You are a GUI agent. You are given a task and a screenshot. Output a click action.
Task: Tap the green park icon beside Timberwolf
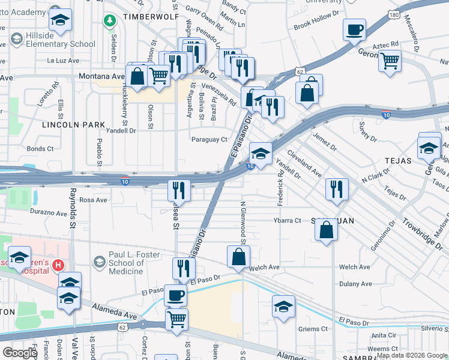point(109,22)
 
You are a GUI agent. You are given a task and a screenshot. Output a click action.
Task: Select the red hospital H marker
point(58,265)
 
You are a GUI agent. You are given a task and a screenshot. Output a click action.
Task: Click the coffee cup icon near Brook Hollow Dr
point(354,29)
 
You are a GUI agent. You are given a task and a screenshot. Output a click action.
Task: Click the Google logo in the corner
point(20,353)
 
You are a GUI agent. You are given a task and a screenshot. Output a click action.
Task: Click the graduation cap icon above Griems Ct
point(283,306)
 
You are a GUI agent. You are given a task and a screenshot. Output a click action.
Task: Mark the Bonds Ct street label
point(40,149)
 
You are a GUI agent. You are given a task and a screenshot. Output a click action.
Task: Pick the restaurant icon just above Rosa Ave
point(179,190)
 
